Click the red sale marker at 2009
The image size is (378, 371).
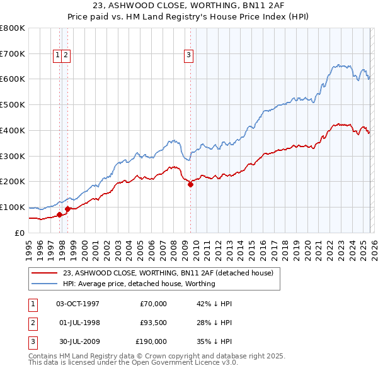190,184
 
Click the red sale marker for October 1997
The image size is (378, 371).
59,214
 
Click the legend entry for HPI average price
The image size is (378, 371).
139,284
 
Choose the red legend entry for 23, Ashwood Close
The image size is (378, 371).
168,273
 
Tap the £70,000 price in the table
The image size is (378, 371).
153,304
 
